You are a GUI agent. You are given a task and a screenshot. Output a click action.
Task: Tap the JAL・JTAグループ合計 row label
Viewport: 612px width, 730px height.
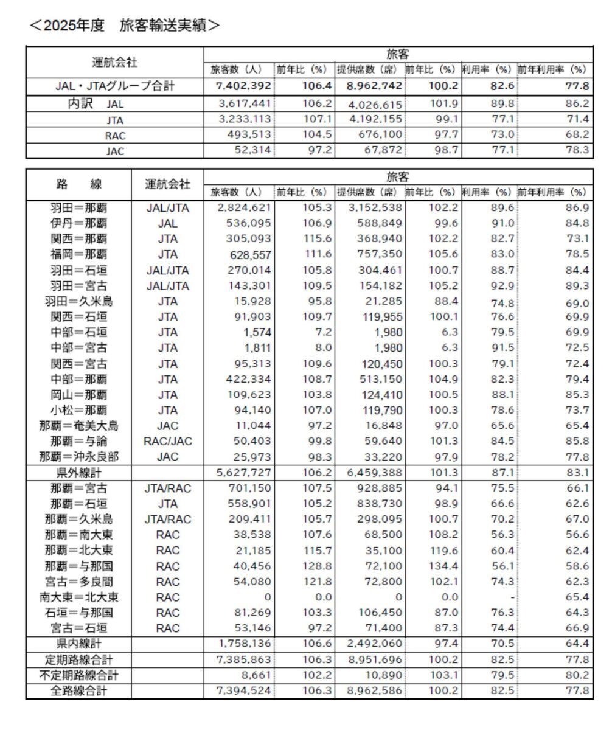click(x=115, y=86)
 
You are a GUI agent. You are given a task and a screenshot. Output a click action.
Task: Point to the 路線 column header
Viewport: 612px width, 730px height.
click(x=79, y=184)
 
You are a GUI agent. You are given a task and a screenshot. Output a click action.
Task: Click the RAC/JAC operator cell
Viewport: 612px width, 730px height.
click(x=168, y=441)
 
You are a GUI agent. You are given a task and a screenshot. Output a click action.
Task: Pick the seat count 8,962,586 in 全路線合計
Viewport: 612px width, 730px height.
click(x=370, y=690)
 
